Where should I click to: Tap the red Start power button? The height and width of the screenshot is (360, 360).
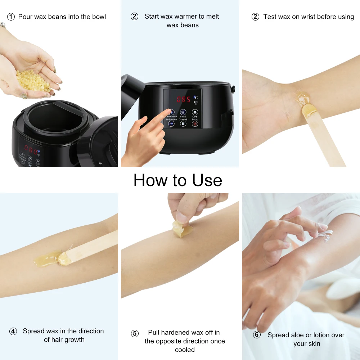tap(195, 123)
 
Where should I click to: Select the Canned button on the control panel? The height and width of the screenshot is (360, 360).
tap(183, 123)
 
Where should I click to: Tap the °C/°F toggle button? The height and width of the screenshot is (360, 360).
tap(195, 112)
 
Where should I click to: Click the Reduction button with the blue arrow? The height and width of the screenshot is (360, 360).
tap(171, 123)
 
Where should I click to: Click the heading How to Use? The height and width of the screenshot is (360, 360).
tap(177, 180)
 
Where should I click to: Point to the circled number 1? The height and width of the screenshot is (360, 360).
tap(11, 17)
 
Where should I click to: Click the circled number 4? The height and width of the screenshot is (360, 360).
tap(13, 331)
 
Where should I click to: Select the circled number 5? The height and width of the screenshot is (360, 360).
tap(135, 334)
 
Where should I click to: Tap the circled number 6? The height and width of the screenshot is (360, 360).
tap(257, 335)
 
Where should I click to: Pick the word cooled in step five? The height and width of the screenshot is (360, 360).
tap(185, 350)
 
